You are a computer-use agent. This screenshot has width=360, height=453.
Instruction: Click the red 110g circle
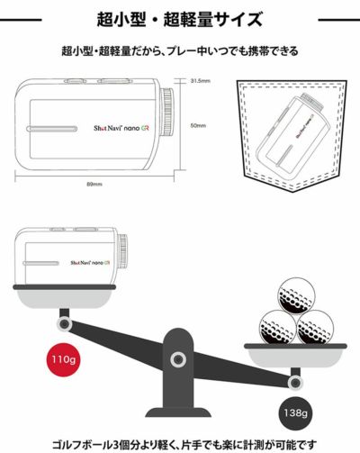coord(64,359)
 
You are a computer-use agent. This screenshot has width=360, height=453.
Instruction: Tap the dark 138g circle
coord(295,413)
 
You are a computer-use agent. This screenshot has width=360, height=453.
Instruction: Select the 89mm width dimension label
coord(94,184)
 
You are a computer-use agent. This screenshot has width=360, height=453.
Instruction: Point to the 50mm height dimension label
coord(198,125)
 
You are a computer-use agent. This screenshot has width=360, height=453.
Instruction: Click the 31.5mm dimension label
coord(201,81)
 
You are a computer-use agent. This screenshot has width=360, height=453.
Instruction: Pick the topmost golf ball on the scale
coord(297,295)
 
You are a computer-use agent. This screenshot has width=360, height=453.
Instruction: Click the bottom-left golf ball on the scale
coord(278,327)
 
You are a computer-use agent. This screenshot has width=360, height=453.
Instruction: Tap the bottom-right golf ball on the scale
coord(315,327)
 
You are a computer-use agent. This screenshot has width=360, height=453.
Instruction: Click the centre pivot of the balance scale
coord(178,359)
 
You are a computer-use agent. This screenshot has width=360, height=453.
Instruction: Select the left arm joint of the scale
coord(64,324)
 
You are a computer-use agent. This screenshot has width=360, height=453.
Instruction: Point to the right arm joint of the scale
coord(295,383)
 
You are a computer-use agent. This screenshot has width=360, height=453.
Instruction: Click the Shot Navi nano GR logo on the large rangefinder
coord(121,128)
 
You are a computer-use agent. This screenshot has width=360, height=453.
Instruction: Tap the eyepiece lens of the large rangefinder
coord(168,112)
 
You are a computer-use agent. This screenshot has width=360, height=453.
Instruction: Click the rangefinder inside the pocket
coord(291,133)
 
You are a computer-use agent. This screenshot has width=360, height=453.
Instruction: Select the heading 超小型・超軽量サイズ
coord(180,20)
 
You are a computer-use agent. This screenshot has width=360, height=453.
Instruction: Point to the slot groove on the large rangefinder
coord(52,129)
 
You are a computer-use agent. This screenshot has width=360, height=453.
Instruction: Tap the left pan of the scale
coord(64,295)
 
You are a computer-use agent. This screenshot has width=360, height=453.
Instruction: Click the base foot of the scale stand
coord(178,412)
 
